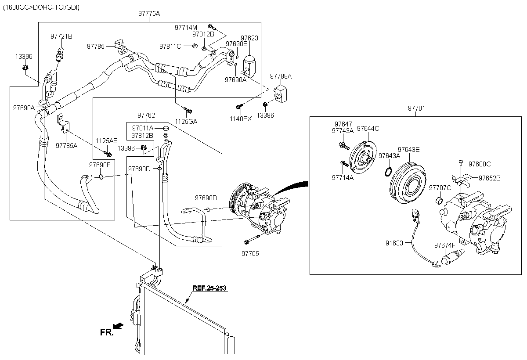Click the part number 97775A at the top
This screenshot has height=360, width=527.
[149, 14]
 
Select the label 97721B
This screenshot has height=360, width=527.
[61, 36]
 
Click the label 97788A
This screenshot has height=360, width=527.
[281, 76]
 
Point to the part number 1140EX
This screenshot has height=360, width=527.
[241, 119]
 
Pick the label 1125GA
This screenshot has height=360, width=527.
[186, 122]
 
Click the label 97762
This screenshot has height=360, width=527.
[146, 115]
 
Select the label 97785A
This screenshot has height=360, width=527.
[66, 146]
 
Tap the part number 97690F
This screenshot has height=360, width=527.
[100, 165]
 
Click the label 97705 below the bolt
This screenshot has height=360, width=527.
[250, 254]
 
